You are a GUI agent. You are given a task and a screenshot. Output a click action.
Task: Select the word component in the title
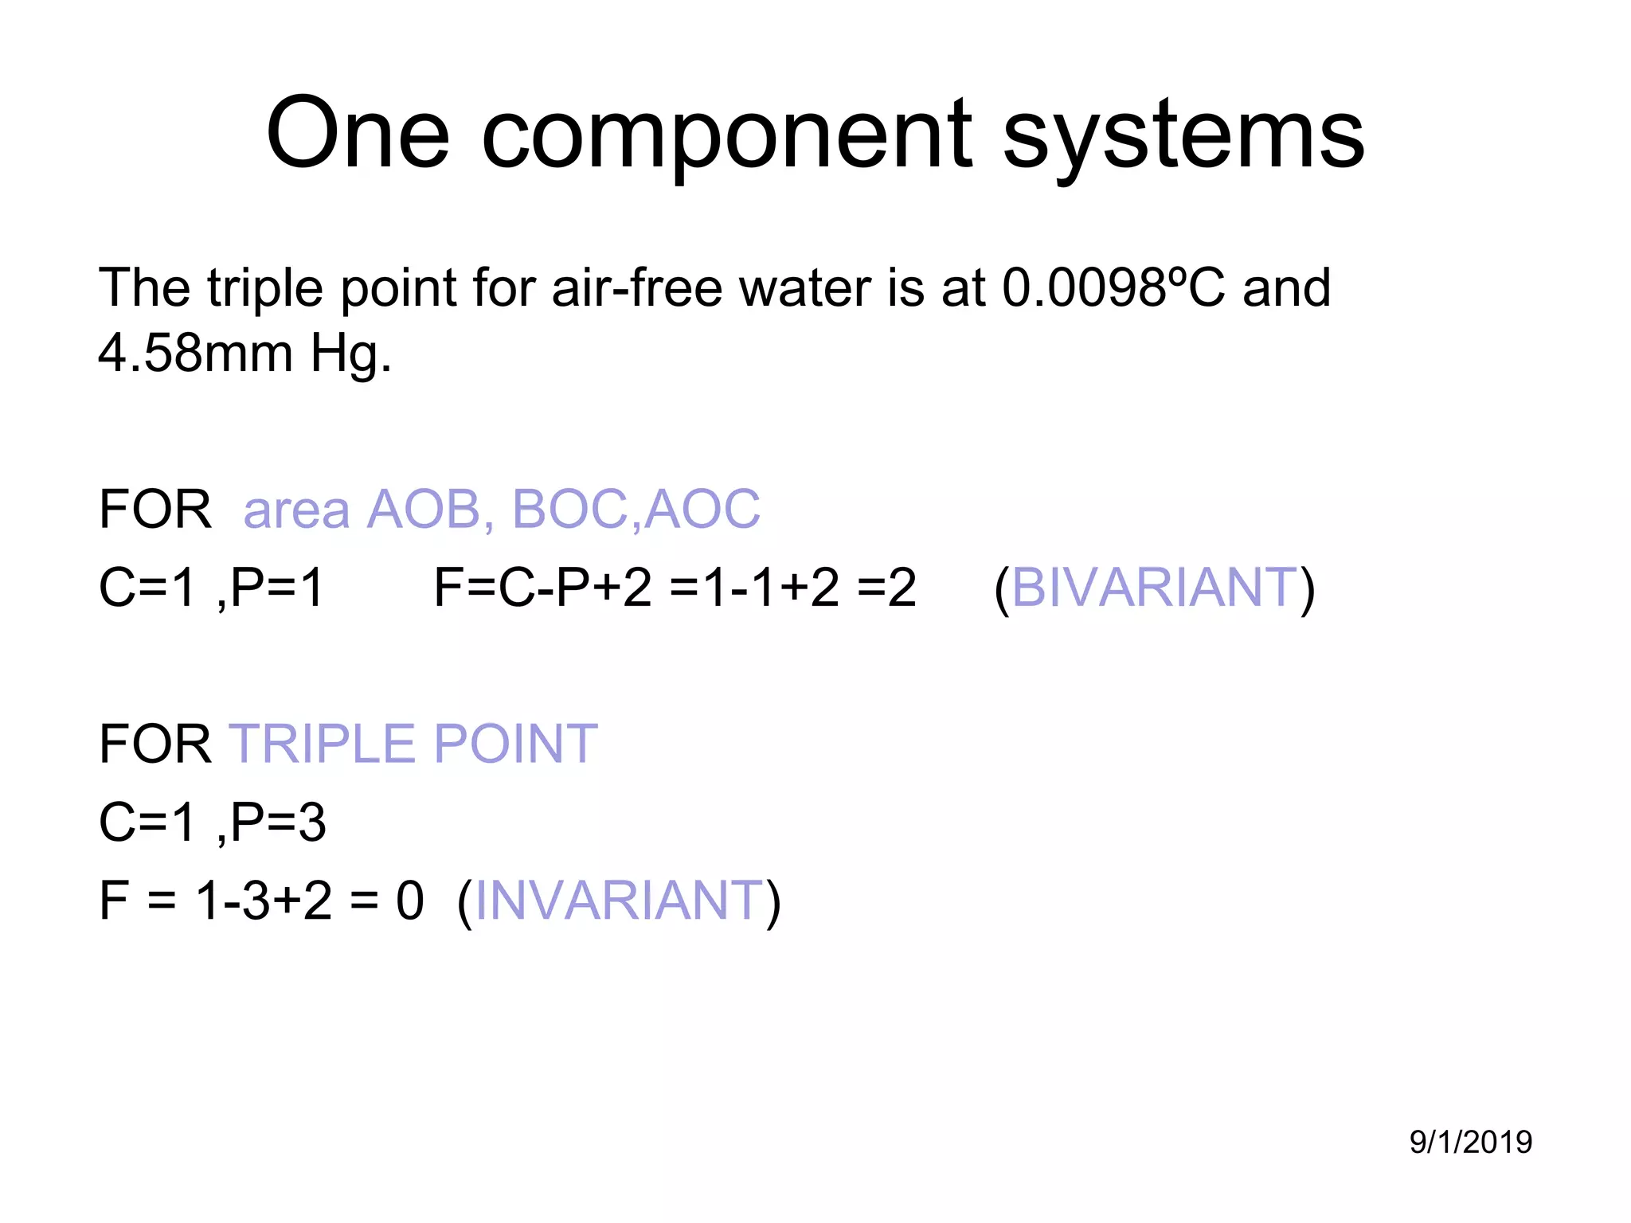point(726,135)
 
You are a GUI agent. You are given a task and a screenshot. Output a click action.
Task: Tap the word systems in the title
point(1183,135)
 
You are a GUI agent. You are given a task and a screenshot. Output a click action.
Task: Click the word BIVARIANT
point(1155,588)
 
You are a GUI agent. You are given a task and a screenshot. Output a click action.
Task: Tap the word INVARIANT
point(620,901)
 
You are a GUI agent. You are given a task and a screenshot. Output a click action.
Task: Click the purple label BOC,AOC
point(636,509)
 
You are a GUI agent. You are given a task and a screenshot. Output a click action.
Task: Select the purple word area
point(296,510)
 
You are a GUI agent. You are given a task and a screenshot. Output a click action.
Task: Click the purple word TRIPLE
point(323,744)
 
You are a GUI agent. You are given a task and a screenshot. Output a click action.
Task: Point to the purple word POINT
point(515,744)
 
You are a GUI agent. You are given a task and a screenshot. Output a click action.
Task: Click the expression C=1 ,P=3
point(212,822)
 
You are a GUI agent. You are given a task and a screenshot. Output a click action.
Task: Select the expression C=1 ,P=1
point(212,588)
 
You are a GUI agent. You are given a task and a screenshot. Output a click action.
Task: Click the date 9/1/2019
point(1470,1142)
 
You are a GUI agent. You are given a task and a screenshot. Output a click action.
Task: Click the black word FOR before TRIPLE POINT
point(155,744)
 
